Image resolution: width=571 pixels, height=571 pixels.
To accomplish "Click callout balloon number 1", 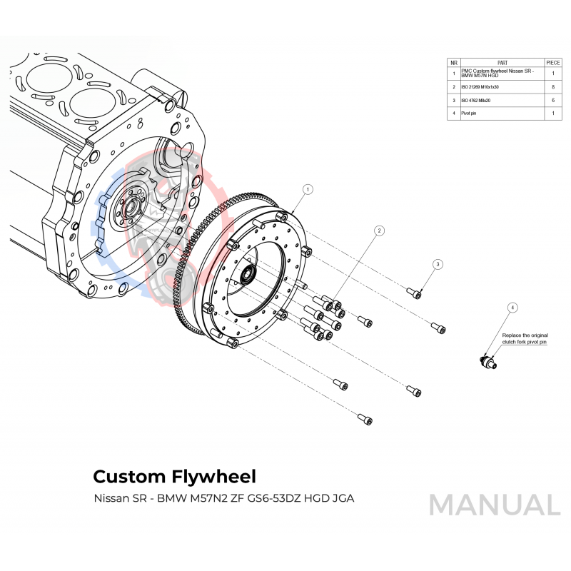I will point(308,189).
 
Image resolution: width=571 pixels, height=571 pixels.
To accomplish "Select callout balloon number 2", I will point(380,231).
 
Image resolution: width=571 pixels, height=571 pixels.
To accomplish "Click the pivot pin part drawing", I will point(488,362).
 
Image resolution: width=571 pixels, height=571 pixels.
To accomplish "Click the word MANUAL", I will point(494,505).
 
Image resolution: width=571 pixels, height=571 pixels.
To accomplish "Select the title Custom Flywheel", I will point(174,475).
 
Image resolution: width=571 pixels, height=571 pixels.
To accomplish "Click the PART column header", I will point(502,63).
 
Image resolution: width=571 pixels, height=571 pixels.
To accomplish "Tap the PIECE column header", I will point(553,63).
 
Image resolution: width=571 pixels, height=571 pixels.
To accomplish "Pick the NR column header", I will point(453,63).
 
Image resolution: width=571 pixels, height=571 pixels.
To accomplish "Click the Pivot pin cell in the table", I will point(470,113).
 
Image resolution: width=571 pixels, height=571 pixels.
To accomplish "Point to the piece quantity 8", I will point(553,86).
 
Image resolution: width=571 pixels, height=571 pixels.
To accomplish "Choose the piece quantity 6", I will point(553,101).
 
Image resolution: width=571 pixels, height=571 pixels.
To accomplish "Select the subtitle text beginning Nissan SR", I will point(223,497).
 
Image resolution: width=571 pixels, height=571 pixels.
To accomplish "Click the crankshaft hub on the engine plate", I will point(129,209).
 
